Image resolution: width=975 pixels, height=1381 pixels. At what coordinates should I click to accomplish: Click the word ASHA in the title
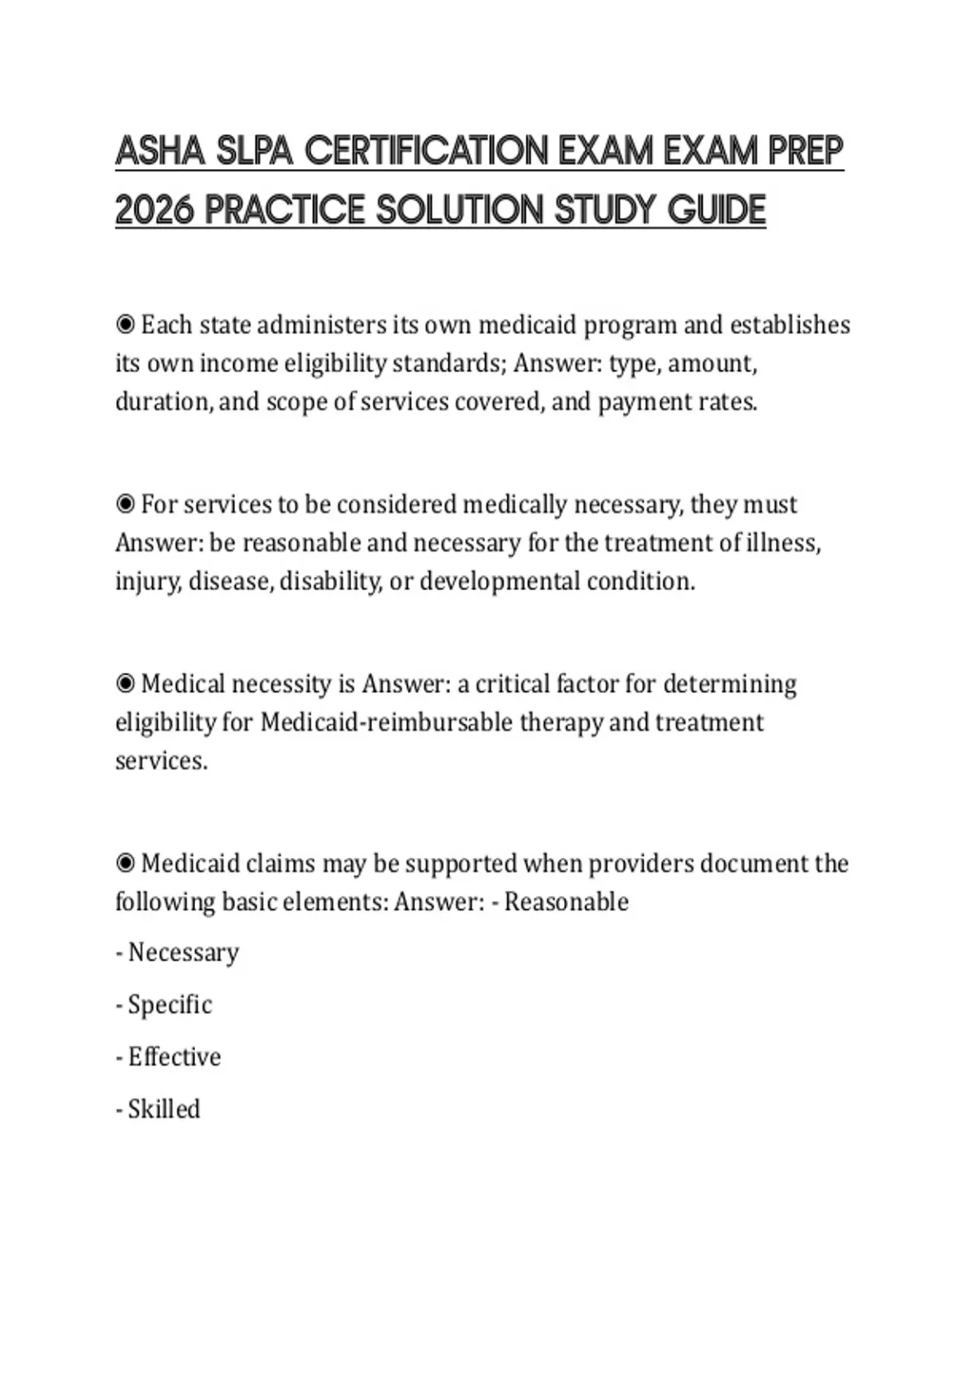tap(159, 151)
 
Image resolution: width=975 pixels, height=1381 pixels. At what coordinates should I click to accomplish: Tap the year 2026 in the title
tap(154, 210)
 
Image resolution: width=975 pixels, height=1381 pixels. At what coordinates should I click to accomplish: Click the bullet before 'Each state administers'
tap(125, 325)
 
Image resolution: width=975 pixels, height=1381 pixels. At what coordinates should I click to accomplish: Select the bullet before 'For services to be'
tap(125, 504)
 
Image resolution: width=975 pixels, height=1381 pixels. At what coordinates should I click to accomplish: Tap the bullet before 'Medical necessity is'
tap(125, 684)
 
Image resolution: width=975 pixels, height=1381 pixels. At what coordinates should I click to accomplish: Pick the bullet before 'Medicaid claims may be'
tap(125, 864)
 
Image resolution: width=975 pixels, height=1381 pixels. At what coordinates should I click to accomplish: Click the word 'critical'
tap(511, 684)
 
